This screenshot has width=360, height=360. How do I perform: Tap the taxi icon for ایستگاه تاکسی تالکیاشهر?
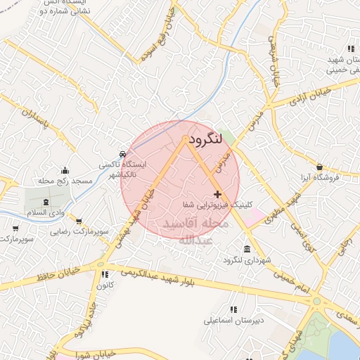pyautogui.click(x=123, y=153)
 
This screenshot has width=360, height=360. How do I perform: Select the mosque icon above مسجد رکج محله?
pyautogui.click(x=65, y=170)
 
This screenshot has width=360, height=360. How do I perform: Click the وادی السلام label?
pyautogui.click(x=26, y=212)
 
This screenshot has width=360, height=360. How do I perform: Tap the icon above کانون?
pyautogui.click(x=104, y=274)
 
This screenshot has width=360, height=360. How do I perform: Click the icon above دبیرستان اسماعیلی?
pyautogui.click(x=233, y=309)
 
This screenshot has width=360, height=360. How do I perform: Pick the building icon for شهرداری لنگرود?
pyautogui.click(x=246, y=250)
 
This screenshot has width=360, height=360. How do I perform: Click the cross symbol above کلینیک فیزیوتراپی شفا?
pyautogui.click(x=217, y=194)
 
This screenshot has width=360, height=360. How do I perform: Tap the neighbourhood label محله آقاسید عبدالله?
pyautogui.click(x=195, y=231)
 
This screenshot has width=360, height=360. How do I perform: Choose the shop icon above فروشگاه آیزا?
pyautogui.click(x=320, y=167)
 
